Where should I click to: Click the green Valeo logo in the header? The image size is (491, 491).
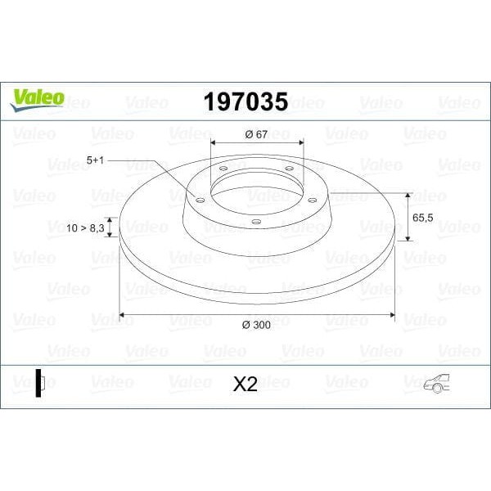(x=37, y=97)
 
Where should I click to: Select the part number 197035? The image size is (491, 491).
(x=245, y=101)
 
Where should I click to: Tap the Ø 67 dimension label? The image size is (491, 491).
(x=257, y=134)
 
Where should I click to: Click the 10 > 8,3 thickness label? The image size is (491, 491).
(x=86, y=228)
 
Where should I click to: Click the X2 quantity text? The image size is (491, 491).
(x=245, y=384)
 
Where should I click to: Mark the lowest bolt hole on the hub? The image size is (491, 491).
(x=255, y=221)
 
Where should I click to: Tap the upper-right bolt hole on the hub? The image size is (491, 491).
(x=288, y=169)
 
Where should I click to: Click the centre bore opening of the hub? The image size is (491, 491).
(x=255, y=192)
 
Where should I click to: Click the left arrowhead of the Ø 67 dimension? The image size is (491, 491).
(x=215, y=143)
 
